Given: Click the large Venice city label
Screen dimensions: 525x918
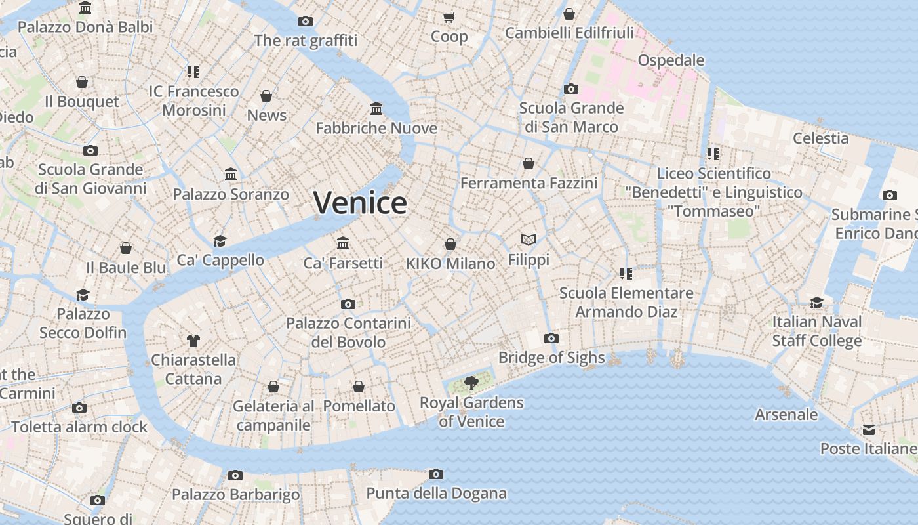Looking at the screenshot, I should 360,203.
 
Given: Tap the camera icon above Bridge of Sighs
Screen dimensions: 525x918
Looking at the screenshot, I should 551,338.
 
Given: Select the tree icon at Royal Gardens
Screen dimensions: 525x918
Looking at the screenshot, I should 471,383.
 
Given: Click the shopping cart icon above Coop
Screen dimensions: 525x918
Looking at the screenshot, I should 449,17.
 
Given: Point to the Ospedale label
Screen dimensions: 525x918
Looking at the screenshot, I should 671,60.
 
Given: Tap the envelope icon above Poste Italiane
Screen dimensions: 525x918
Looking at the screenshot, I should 869,430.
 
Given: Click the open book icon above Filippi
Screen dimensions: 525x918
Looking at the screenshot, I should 529,240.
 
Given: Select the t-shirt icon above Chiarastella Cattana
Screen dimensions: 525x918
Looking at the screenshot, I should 193,340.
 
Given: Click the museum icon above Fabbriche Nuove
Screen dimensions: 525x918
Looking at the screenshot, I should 376,108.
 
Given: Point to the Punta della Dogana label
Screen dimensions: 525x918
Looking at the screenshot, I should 436,493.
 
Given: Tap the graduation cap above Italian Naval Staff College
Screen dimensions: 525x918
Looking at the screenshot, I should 816,303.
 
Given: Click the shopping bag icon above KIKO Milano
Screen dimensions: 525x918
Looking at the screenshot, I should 450,244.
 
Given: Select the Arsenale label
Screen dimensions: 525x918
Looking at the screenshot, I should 786,415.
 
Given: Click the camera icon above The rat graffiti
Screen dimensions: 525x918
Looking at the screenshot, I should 306,21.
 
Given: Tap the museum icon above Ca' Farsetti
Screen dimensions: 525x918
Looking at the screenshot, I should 343,243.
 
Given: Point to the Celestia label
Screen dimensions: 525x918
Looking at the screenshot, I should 820,138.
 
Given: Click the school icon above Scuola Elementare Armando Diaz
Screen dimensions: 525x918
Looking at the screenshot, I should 626,273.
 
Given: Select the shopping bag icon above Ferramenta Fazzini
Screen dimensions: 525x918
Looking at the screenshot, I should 529,163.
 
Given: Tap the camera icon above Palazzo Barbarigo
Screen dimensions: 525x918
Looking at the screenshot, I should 235,475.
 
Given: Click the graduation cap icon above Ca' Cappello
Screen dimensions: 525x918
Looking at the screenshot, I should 220,241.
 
